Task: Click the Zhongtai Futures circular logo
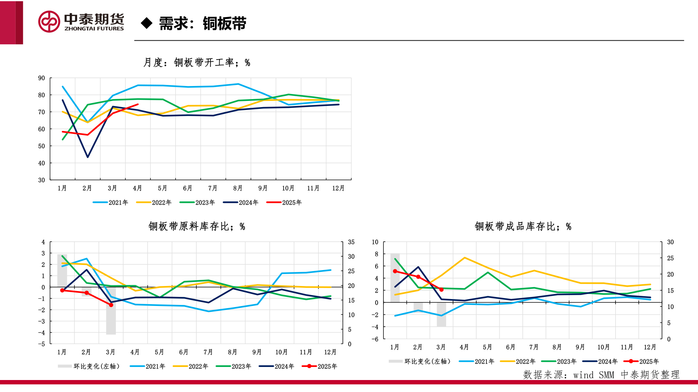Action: point(49,22)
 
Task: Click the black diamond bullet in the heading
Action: point(147,23)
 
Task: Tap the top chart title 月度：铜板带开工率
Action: point(196,62)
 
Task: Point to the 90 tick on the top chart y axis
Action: point(41,78)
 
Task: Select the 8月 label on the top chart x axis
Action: point(238,188)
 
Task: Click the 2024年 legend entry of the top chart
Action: point(241,203)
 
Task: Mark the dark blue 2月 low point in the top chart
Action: point(88,157)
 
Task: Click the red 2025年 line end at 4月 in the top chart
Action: point(137,105)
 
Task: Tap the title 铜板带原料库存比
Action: point(197,226)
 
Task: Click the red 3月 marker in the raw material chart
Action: point(111,305)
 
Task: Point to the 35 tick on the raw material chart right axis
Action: point(351,242)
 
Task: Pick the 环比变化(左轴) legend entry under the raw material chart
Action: point(89,366)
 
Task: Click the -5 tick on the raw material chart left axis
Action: point(42,344)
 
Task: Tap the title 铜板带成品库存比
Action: point(523,226)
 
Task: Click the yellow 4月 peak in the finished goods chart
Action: point(465,258)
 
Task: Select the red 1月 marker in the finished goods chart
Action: point(395,271)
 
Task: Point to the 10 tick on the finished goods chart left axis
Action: point(375,242)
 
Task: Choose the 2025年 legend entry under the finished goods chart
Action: point(641,362)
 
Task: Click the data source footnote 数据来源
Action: point(601,375)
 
